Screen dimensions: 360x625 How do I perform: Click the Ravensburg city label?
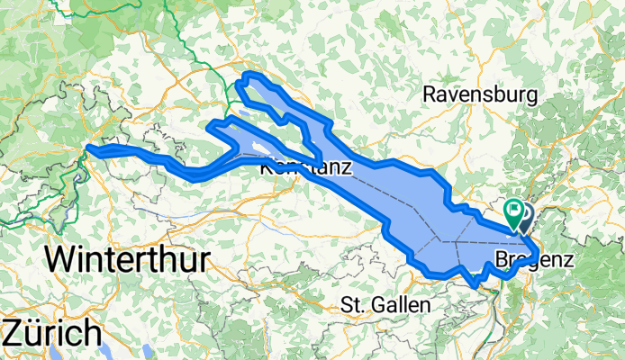[x=480, y=94]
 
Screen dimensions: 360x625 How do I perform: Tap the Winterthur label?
[x=127, y=259]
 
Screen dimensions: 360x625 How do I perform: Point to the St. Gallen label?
[x=385, y=305]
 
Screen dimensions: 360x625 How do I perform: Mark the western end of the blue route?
[x=88, y=149]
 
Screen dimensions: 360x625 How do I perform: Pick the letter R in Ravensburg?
[x=430, y=94]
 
